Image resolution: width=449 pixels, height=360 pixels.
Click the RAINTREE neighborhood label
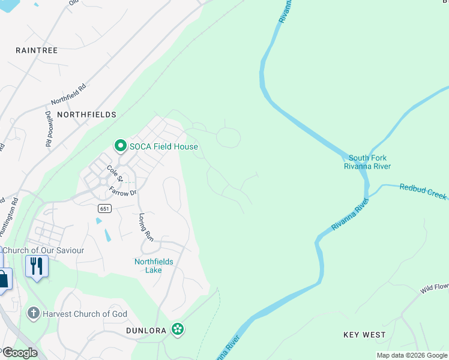(37, 50)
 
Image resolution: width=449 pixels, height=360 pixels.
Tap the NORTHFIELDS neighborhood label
(86, 114)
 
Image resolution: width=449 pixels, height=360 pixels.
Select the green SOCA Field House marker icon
(120, 146)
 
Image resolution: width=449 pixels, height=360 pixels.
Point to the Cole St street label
(114, 173)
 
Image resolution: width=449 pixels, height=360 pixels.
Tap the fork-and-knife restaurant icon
(37, 265)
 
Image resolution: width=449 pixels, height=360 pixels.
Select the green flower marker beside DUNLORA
(177, 329)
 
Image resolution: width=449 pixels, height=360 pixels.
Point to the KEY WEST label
(364, 334)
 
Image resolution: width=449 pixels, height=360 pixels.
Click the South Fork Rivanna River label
(367, 162)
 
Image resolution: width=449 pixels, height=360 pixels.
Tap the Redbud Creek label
(423, 191)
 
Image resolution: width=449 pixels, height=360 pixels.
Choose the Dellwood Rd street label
(47, 128)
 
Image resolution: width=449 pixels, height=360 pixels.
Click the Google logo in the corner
(19, 353)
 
